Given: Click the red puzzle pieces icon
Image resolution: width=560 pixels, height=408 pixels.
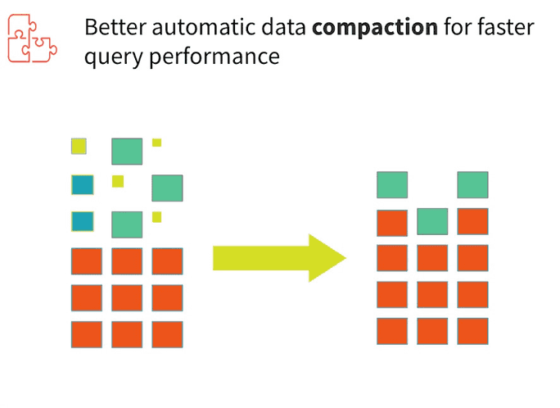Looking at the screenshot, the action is click(x=32, y=39).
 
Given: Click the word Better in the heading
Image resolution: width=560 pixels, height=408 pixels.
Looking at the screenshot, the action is click(x=115, y=27).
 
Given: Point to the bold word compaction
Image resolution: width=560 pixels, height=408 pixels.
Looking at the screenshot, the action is click(x=375, y=28).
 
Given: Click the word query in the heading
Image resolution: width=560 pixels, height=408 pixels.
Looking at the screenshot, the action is click(x=114, y=57).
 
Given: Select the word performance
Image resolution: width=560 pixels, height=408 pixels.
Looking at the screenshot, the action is click(x=215, y=57).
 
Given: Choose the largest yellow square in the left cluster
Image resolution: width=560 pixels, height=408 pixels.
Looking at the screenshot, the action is click(x=79, y=146).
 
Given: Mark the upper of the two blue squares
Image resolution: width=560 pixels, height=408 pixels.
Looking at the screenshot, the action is click(x=83, y=184).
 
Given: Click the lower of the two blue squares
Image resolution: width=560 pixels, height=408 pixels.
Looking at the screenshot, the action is click(x=83, y=221).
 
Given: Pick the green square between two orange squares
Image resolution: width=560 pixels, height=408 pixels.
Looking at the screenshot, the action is click(x=432, y=221).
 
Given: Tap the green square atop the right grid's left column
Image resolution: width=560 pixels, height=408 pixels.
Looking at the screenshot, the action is click(x=392, y=184).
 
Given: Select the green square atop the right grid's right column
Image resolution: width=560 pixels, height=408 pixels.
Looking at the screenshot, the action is click(x=473, y=184).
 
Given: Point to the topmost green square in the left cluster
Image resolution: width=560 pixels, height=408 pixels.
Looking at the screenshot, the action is click(x=127, y=152).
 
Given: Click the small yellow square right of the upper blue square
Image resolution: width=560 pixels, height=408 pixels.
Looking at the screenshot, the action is click(x=118, y=181).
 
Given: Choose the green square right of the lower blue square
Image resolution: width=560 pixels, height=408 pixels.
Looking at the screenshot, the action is click(x=127, y=224).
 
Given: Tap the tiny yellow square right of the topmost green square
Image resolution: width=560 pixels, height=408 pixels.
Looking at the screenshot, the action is click(x=157, y=143).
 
